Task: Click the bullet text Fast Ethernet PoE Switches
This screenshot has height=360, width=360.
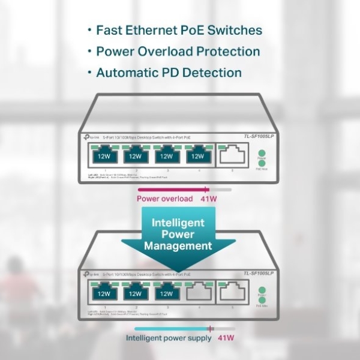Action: pos(179,30)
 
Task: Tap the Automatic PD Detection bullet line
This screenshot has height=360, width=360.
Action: pos(169,73)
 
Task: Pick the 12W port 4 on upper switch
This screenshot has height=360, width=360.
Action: pos(197,157)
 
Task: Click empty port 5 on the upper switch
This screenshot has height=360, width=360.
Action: pos(232,157)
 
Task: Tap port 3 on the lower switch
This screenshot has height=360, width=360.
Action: pos(166,293)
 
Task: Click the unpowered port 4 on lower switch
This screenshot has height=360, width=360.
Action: pos(197,293)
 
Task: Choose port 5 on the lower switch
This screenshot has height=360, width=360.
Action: pos(232,293)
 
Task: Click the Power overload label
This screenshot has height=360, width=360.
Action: pos(164,199)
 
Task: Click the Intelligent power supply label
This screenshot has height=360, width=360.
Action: pos(169,338)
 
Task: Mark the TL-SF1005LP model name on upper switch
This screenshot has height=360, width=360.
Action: pos(259,137)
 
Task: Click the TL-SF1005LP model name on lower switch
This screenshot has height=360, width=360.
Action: pos(259,274)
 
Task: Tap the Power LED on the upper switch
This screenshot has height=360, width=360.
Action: pos(261,158)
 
